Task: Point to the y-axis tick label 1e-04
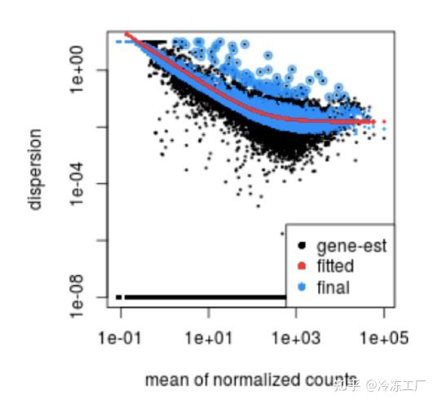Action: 83,183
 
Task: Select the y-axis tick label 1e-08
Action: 83,296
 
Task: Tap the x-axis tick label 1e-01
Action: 121,336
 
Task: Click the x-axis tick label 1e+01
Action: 208,336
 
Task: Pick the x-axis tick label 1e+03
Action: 295,336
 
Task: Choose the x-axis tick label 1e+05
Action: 382,336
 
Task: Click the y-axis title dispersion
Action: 36,169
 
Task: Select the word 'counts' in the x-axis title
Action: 311,380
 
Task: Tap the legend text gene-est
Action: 351,245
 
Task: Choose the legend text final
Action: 332,288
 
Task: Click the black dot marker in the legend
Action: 302,245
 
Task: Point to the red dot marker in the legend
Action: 302,266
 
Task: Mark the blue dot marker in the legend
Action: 302,288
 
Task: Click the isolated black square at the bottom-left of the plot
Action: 120,297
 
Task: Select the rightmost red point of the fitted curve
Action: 383,122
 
